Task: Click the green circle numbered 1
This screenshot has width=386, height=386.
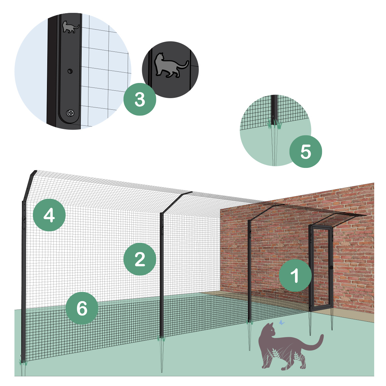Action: (295, 275)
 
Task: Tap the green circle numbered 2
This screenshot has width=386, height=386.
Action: (140, 259)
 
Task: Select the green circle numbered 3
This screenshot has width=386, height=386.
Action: (140, 99)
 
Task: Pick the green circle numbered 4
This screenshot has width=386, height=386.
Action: (49, 215)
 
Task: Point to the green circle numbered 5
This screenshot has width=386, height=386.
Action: (306, 152)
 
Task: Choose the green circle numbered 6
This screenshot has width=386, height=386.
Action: (82, 308)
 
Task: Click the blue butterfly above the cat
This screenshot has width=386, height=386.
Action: (282, 322)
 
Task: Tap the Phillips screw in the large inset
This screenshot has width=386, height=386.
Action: (70, 113)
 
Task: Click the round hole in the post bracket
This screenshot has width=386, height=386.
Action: (70, 71)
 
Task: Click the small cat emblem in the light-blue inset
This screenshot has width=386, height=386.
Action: (70, 27)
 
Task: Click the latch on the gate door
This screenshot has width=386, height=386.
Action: (331, 267)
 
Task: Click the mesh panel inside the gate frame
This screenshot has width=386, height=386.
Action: (321, 268)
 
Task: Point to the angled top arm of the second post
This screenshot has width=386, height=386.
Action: (176, 202)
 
